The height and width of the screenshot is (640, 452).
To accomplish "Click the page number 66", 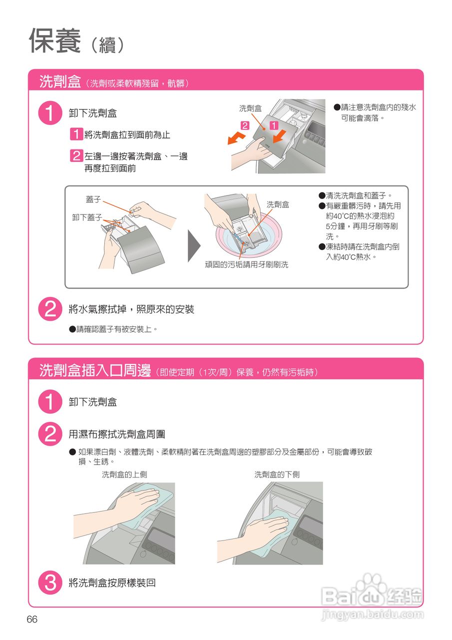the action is tap(32, 619).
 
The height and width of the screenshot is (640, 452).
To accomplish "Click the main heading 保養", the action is tap(55, 41).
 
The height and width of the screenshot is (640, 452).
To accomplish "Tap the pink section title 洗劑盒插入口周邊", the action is tap(95, 370).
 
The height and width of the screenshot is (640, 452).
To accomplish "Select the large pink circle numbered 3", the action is tap(50, 582).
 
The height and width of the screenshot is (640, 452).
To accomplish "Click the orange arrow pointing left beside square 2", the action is tap(236, 138).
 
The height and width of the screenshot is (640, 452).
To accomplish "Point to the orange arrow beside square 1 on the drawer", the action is tap(279, 136).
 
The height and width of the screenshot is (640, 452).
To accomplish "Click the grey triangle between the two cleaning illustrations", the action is tap(194, 245).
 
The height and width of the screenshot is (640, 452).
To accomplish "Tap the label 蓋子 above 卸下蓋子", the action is tap(93, 199).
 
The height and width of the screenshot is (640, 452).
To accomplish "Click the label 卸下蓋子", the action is tap(87, 217).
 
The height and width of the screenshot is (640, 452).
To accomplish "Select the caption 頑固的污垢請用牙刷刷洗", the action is tap(247, 264).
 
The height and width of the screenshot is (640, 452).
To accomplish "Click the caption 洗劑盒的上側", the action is tap(124, 474).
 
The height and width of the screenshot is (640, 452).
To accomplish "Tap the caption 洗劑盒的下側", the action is tap(277, 474).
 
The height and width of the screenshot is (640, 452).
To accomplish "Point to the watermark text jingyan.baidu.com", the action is tap(373, 615).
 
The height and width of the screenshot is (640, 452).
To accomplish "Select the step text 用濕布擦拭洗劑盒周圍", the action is tap(117, 434).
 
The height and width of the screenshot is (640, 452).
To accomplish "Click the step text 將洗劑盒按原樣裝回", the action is tap(112, 582).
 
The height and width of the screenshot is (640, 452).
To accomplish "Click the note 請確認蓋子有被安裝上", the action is tap(113, 329).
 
